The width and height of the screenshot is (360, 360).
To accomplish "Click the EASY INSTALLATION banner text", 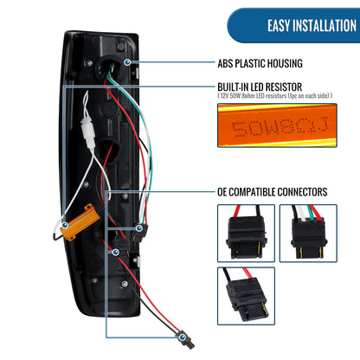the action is pos(312,25).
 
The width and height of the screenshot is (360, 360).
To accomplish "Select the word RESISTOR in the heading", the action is pos(284,87).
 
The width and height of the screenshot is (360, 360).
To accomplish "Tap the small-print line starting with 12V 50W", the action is pos(274,95).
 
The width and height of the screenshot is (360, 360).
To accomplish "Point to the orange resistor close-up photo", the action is pos(277,125).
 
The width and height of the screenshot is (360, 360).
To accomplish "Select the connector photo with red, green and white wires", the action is pos(308,233).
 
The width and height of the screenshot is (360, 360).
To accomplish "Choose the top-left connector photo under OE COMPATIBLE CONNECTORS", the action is pos(246,233).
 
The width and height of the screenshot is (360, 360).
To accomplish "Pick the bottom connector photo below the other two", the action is pos(246,296).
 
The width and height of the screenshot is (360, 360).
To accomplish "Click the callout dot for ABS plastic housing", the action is pos(127,62).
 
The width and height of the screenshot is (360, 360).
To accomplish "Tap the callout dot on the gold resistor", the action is pos(65,225).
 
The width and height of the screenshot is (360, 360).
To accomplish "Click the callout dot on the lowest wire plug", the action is pos(182,337).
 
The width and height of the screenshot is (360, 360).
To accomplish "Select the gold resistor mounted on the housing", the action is pos(80,222).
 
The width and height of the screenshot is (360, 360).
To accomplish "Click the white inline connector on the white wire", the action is pos(88,133).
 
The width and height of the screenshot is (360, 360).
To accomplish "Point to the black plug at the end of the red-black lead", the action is pos(186,340).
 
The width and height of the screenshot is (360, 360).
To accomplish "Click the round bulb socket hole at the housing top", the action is pos(106,67).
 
